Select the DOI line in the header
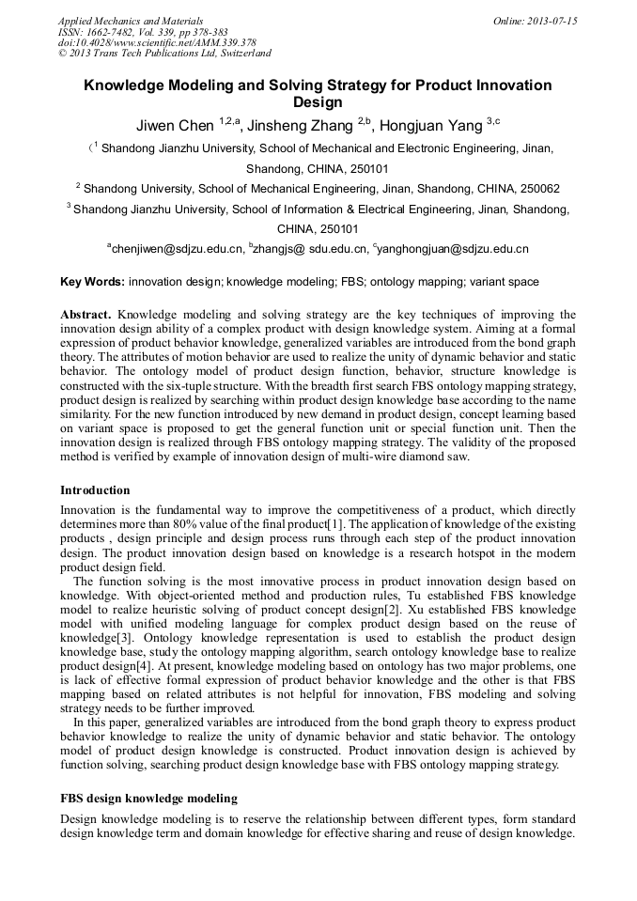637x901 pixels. tap(157, 42)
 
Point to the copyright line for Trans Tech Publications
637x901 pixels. tap(164, 54)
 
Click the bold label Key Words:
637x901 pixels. tap(92, 281)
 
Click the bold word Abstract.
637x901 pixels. tap(85, 314)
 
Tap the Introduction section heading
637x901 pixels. tap(95, 489)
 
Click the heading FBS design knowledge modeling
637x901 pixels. tap(148, 798)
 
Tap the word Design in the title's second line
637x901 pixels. tap(318, 102)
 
